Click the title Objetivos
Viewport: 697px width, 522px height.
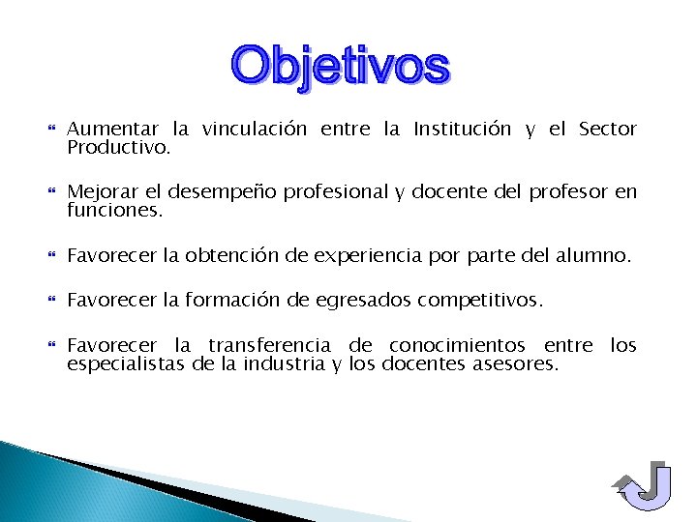(x=341, y=67)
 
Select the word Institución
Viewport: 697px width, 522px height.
(x=462, y=129)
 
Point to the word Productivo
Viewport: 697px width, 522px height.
(x=118, y=149)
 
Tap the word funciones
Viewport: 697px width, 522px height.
(x=115, y=209)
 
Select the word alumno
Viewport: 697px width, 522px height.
(x=593, y=256)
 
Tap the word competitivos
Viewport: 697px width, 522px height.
(x=480, y=302)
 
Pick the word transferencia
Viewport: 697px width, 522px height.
(x=270, y=345)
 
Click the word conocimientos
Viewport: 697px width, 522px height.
(x=457, y=345)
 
